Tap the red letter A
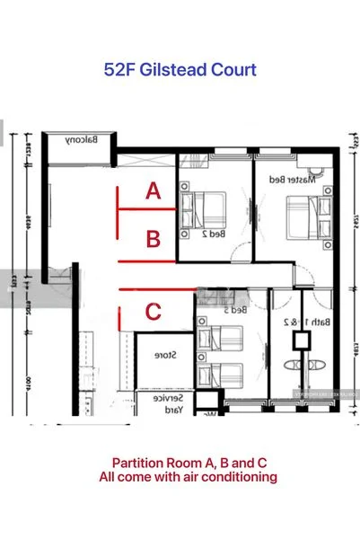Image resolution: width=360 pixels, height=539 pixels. click(x=154, y=191)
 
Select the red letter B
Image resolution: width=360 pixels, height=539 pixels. click(x=154, y=240)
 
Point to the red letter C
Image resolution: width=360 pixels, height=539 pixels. click(x=154, y=313)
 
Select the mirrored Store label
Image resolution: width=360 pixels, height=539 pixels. click(x=168, y=356)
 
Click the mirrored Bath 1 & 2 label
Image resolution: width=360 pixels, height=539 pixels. click(x=316, y=321)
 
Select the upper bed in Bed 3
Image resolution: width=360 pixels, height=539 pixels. click(x=222, y=340)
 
